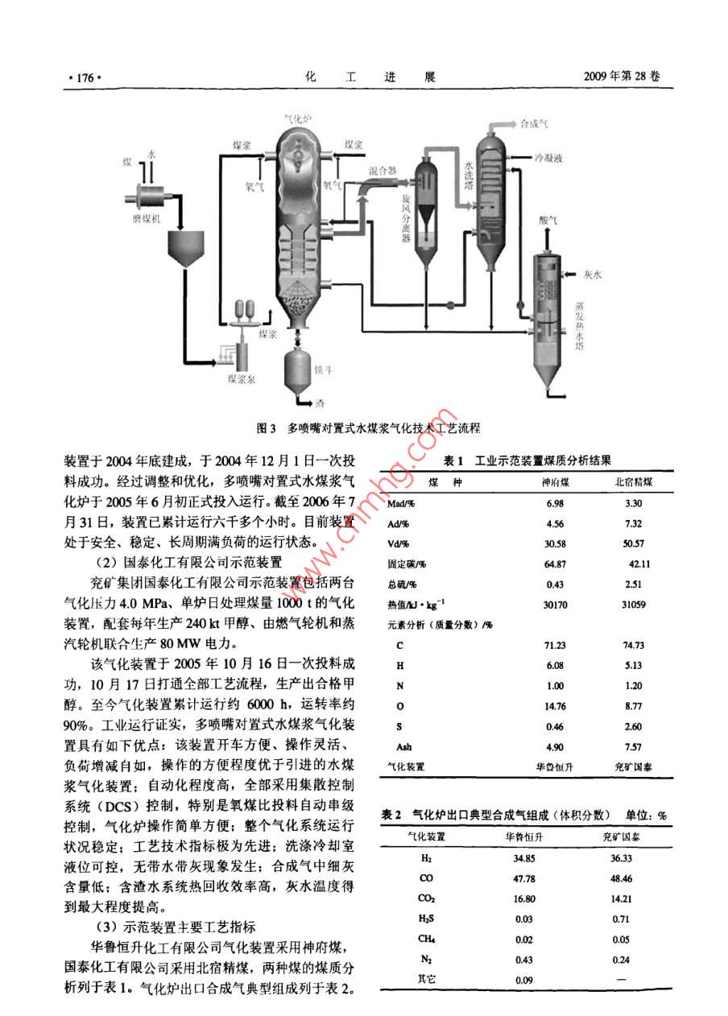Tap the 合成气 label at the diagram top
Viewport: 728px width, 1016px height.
pyautogui.click(x=535, y=124)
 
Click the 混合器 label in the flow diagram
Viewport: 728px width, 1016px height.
pyautogui.click(x=383, y=171)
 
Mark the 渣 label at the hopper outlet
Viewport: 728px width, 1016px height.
pyautogui.click(x=320, y=403)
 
